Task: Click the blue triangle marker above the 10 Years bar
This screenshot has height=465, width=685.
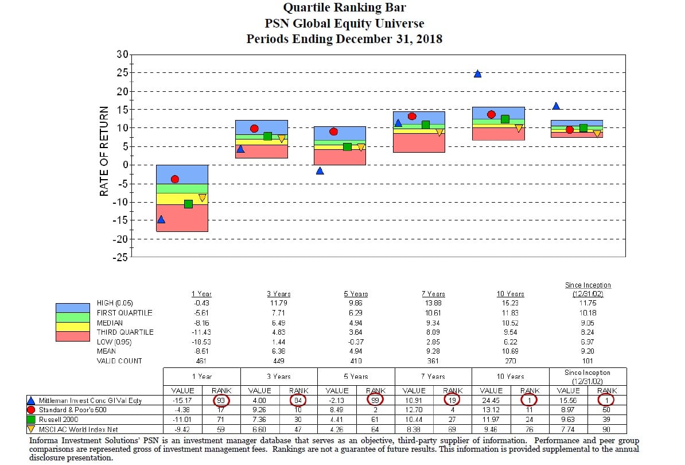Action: tap(477, 73)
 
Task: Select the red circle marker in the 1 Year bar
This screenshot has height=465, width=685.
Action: tap(175, 179)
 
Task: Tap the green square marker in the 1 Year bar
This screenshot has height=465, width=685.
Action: tap(188, 204)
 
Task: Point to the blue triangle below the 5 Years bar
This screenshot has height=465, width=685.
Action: tap(320, 170)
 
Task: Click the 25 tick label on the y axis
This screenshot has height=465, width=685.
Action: tap(122, 73)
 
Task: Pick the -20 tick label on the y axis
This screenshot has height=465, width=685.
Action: tap(119, 239)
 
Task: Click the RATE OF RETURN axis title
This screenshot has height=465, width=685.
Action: tap(104, 151)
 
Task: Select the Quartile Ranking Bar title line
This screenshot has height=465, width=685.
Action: tap(344, 9)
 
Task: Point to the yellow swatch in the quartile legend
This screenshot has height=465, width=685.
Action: tap(73, 327)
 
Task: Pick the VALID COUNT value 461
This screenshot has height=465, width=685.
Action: tap(201, 361)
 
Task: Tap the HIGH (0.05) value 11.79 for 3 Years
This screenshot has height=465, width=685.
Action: tap(278, 304)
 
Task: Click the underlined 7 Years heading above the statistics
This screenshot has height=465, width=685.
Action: tap(434, 294)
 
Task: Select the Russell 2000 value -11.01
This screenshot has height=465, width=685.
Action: tap(184, 420)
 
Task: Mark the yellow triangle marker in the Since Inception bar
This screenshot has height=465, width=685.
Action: tap(597, 134)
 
